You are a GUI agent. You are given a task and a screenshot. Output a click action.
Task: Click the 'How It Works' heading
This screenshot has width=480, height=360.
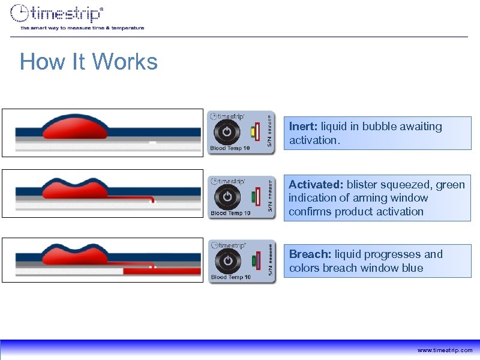pyautogui.click(x=88, y=62)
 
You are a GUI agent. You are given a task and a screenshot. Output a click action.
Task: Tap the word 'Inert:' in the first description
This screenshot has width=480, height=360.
pyautogui.click(x=304, y=127)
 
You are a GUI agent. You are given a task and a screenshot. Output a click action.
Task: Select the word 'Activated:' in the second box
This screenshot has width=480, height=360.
pyautogui.click(x=316, y=184)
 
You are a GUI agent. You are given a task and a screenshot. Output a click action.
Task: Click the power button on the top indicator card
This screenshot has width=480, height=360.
pyautogui.click(x=227, y=131)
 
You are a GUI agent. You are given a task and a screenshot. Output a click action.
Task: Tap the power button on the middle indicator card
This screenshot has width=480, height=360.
pyautogui.click(x=227, y=196)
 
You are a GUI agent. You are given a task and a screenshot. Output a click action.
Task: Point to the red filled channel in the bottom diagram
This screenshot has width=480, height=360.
pyautogui.click(x=162, y=271)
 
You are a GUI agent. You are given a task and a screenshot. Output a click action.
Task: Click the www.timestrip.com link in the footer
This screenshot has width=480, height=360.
pyautogui.click(x=445, y=350)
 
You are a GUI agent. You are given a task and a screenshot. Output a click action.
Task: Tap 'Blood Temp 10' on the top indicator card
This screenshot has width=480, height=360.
pyautogui.click(x=230, y=149)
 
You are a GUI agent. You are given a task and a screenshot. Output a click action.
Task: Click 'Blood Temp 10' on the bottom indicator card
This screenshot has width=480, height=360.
pyautogui.click(x=230, y=277)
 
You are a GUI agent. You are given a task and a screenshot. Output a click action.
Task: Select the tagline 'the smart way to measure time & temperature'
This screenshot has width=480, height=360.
pyautogui.click(x=82, y=28)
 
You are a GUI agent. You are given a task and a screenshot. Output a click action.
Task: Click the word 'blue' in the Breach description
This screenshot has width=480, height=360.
pyautogui.click(x=412, y=268)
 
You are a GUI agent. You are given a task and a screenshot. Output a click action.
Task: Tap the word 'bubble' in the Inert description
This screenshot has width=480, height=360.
pyautogui.click(x=377, y=127)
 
